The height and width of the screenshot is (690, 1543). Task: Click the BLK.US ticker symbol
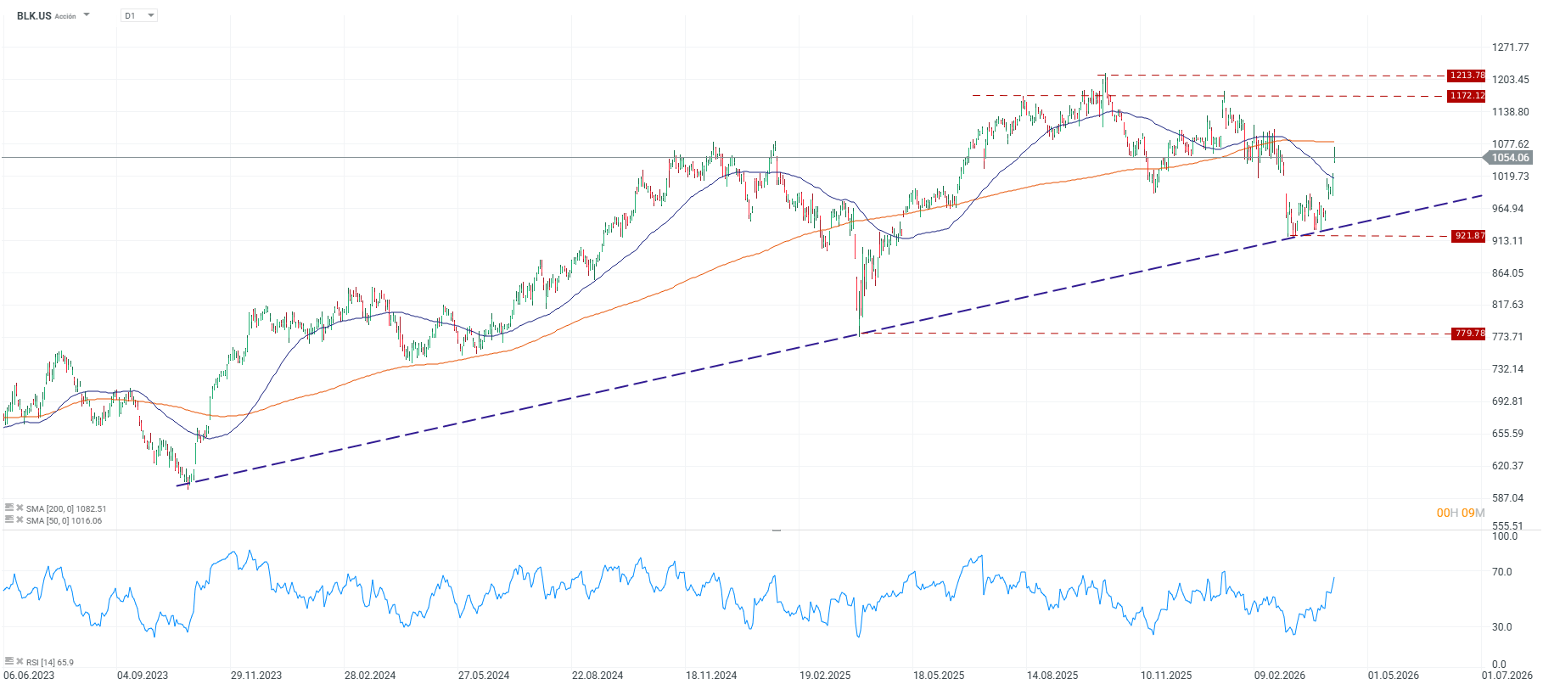tap(34, 16)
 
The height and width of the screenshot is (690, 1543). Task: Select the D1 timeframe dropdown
tap(139, 16)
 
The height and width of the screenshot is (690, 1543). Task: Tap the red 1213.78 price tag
tap(1467, 76)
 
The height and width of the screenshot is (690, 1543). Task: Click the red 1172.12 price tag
tap(1467, 96)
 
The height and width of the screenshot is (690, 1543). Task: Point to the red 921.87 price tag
tap(1469, 236)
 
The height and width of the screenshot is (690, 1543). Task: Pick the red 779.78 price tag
tap(1469, 334)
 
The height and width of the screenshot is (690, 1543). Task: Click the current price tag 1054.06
tap(1510, 158)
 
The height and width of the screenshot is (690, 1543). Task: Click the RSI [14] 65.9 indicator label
tap(49, 662)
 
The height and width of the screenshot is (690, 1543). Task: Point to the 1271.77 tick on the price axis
tap(1510, 48)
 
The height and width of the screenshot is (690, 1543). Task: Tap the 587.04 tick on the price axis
tap(1507, 498)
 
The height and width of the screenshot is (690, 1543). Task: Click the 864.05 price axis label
tap(1507, 273)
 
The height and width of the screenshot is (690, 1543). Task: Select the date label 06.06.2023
tap(29, 676)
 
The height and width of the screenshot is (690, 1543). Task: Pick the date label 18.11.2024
tap(711, 676)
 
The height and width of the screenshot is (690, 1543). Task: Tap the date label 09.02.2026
tap(1280, 676)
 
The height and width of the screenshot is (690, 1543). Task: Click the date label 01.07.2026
tap(1507, 676)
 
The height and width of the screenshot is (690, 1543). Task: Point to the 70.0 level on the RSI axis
tap(1502, 572)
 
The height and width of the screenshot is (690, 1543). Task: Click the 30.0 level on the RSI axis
tap(1502, 627)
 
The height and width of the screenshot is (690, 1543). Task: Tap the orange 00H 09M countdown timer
tap(1461, 513)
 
